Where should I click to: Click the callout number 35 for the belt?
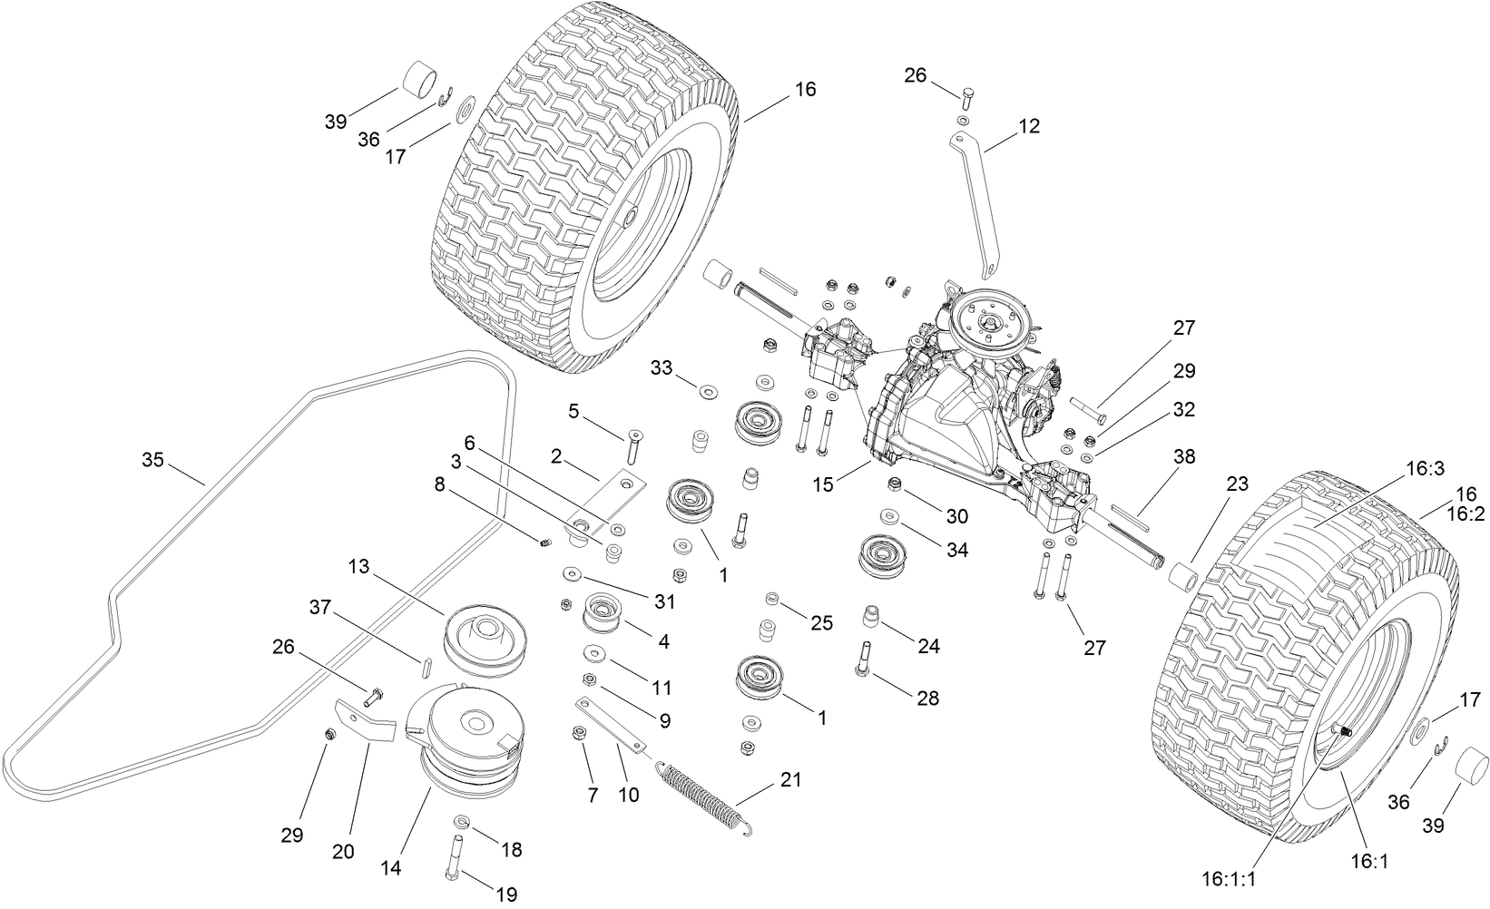pyautogui.click(x=152, y=460)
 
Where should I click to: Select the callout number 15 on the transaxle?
pyautogui.click(x=822, y=484)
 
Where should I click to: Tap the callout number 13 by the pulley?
pyautogui.click(x=359, y=567)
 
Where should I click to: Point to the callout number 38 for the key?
pyautogui.click(x=1184, y=456)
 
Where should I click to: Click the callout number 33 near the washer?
pyautogui.click(x=662, y=367)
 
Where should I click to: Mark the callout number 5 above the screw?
pyautogui.click(x=573, y=411)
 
